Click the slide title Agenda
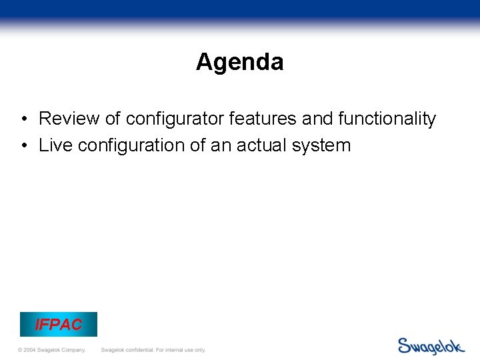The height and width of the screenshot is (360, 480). click(239, 62)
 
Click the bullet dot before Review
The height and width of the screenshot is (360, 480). click(23, 120)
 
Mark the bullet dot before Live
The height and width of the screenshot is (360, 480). click(23, 146)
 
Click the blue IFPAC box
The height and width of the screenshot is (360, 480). click(59, 325)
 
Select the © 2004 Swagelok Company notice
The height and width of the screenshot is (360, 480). click(52, 350)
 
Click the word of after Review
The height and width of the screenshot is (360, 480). click(113, 119)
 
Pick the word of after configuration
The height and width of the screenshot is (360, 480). click(197, 145)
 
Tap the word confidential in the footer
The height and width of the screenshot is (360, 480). click(139, 350)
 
